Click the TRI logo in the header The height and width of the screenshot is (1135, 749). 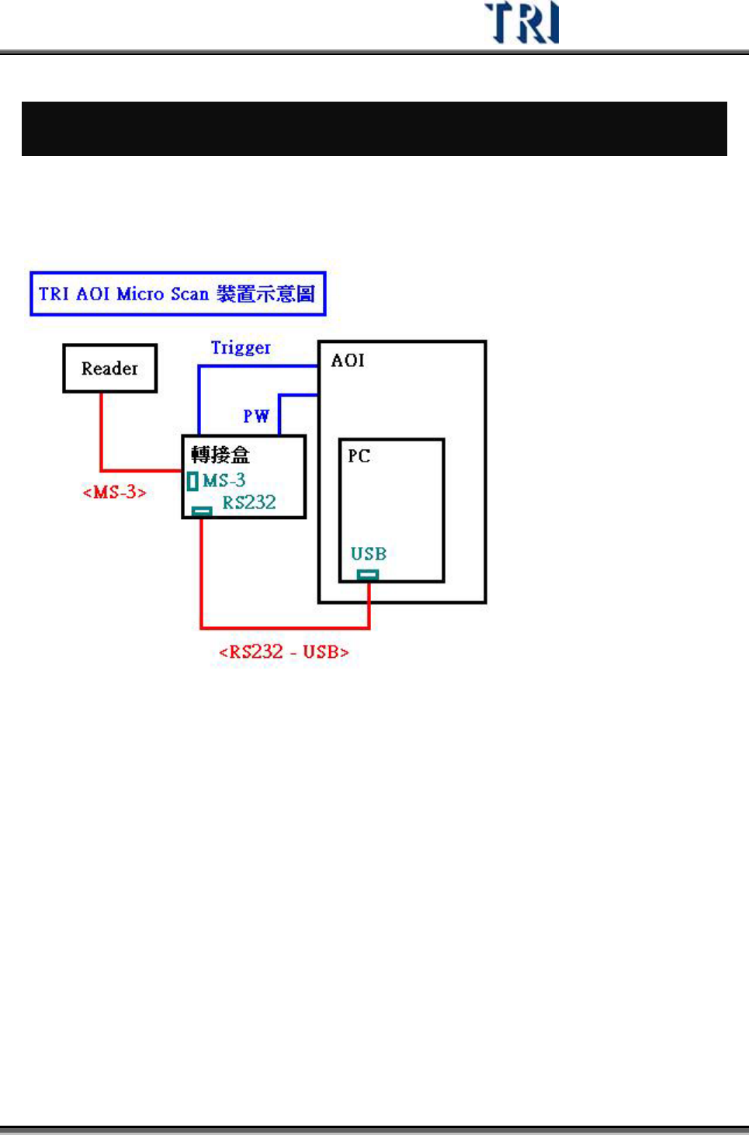coord(521,22)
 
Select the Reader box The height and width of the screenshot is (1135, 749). coord(109,369)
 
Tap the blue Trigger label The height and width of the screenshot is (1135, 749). coord(241,348)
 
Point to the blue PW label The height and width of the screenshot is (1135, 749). coord(256,416)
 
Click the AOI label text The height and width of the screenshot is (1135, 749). coord(348,360)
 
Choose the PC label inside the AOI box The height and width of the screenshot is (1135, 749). coord(359,455)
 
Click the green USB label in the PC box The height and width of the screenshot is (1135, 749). coord(368,554)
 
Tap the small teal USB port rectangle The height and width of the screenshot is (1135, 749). coord(368,575)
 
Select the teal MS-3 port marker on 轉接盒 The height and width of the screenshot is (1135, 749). coord(192,481)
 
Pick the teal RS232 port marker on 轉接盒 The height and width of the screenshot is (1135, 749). coord(202,511)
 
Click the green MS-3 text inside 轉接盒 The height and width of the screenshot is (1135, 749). coord(224,480)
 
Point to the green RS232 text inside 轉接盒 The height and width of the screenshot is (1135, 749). coord(249,503)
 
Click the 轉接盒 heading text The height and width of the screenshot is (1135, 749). coord(220,455)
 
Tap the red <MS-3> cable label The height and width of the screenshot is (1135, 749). coord(114,492)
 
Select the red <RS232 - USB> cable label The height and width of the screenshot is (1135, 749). coord(284,652)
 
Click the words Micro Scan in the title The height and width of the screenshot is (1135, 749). coord(162,294)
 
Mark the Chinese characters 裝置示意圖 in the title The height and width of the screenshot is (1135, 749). coord(265,294)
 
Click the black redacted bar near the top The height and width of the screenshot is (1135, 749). coord(374,129)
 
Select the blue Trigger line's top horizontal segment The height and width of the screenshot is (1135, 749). coord(258,366)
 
